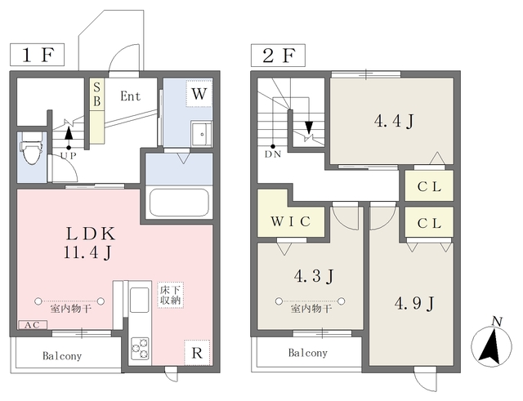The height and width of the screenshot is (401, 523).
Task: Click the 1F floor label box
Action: pos(37,55)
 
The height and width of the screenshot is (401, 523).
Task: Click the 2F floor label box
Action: pos(278,55)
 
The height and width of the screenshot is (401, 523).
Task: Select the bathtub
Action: pos(179,203)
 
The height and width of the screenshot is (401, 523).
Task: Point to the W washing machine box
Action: pos(199,94)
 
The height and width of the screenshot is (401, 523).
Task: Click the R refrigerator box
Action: pos(197,353)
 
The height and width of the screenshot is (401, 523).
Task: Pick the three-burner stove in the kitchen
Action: pos(140,349)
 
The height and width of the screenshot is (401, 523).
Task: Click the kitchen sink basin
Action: pos(140,300)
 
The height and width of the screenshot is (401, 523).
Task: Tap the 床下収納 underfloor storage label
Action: pos(171,295)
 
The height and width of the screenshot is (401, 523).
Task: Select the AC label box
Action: pos(33,325)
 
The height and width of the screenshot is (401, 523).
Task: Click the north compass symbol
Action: pos(491,344)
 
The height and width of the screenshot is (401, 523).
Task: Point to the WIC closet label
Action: pos(291,221)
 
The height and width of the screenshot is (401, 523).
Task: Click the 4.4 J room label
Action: pos(394,121)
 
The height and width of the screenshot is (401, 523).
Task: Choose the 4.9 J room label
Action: pos(414,303)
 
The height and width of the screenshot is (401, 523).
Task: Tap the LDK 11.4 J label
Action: pos(90,243)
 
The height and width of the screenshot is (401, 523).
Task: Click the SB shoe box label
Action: pos(97,95)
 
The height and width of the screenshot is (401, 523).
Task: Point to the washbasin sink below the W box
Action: pos(202,134)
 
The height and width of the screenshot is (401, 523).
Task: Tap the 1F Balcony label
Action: pos(62,356)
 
